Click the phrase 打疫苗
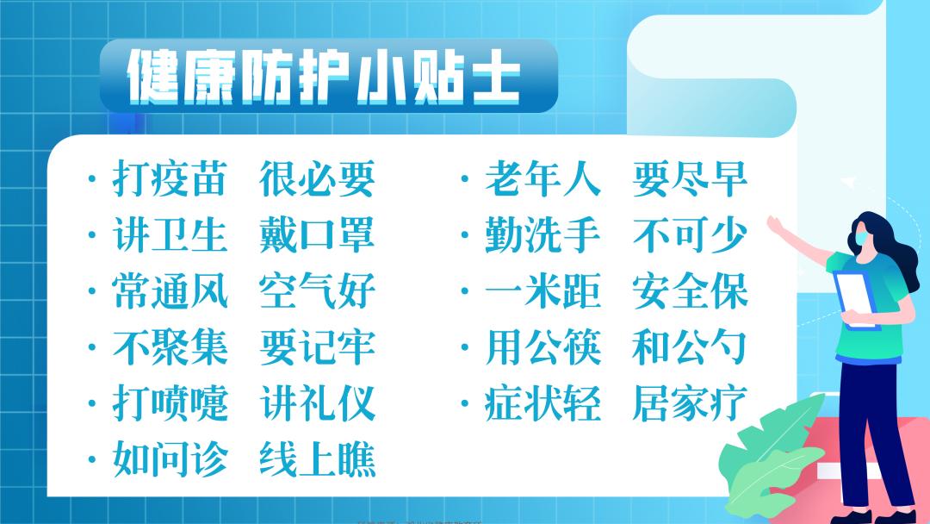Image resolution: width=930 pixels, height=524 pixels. pos(170,179)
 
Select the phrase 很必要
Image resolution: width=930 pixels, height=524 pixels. pos(317,179)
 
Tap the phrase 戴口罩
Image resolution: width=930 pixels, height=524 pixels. pos(317,235)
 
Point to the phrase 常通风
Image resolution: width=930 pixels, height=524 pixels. pos(170,291)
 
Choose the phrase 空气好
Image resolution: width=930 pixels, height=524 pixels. pos(317,291)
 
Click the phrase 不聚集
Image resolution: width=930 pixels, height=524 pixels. pos(170,347)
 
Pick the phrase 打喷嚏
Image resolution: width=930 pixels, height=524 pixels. pos(170,403)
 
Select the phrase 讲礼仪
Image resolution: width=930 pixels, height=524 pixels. pos(317,403)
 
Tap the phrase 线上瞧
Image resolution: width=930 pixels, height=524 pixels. pos(317,460)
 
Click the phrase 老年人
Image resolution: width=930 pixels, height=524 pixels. pos(542,179)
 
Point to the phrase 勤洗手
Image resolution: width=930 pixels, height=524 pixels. pos(542,235)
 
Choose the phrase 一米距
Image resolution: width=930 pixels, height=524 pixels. pos(542,291)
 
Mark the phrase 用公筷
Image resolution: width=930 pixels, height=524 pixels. pos(542,347)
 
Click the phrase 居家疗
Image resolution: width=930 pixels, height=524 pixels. pos(689,403)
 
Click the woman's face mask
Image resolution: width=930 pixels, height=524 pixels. pos(864,235)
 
